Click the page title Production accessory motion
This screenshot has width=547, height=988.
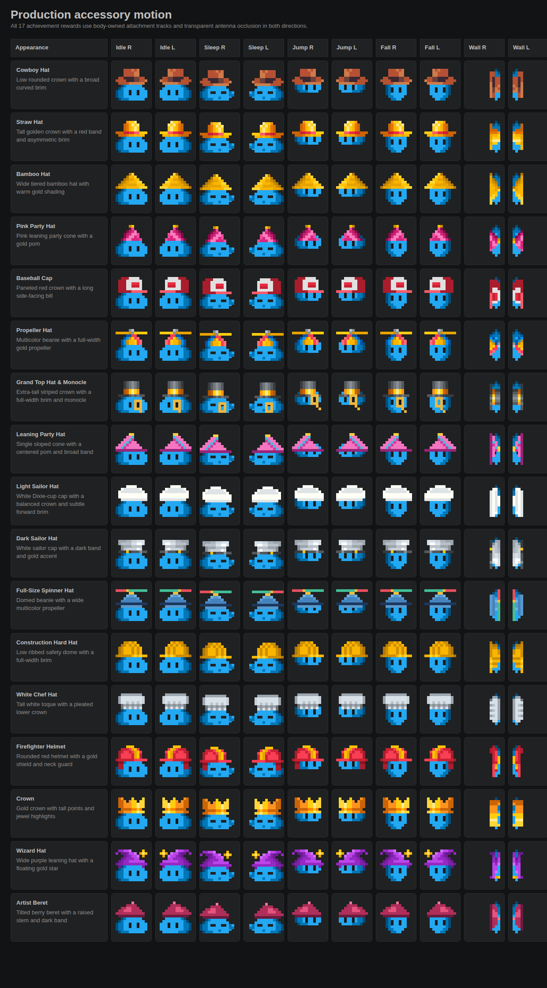click(x=91, y=15)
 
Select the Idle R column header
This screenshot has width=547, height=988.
click(x=124, y=48)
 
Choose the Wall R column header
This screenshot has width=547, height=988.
click(x=477, y=48)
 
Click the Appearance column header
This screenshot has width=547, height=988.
click(x=32, y=48)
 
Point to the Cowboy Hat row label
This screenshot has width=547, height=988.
click(x=33, y=70)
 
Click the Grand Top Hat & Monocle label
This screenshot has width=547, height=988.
click(x=51, y=382)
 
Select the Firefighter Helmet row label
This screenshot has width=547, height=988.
click(x=41, y=747)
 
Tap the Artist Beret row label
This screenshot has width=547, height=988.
click(x=32, y=903)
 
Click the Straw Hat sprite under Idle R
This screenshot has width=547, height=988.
click(x=131, y=137)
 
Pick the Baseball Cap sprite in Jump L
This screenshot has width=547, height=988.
click(x=352, y=289)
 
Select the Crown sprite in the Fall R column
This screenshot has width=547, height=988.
click(x=396, y=813)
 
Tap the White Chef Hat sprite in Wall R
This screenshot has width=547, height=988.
click(x=495, y=709)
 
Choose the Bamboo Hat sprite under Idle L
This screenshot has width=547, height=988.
click(x=176, y=189)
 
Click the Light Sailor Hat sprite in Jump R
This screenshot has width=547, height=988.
click(x=308, y=497)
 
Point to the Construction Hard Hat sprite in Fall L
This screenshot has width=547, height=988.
click(x=440, y=657)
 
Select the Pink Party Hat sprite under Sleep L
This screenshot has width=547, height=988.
click(x=266, y=241)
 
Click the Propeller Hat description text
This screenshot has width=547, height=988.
click(x=58, y=344)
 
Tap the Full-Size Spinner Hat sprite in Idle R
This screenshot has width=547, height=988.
click(x=131, y=605)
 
